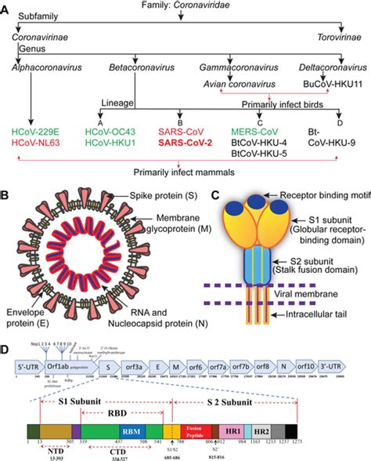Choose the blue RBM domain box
click(131, 432)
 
